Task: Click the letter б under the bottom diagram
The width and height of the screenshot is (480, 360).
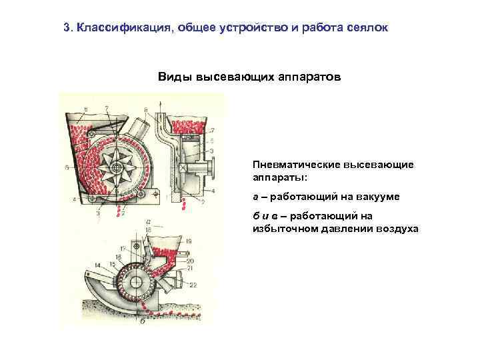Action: pos(143,321)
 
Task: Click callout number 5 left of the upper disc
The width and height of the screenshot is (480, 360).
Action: pos(67,169)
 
